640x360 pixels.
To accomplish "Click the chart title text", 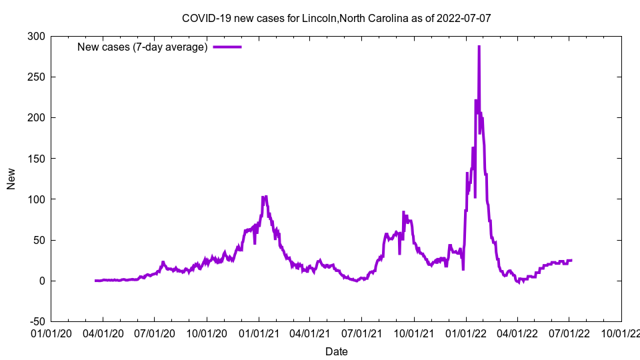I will coord(336,18).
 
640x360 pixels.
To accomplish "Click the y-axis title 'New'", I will coord(11,179).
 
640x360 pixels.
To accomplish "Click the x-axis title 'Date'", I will coord(336,351).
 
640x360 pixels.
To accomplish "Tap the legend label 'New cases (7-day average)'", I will coord(142,47).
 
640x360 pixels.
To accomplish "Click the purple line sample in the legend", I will coord(227,47).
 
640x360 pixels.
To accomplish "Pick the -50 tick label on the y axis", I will coord(35,321).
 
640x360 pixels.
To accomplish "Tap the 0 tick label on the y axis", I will coord(41,281).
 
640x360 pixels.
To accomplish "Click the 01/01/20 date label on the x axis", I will coord(51,333).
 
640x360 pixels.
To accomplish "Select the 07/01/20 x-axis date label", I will coord(154,333).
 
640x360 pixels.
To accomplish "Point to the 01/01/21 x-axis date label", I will coord(259,333).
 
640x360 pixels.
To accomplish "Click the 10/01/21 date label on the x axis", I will coord(414,333).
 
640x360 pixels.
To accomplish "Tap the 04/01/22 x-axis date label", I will coord(517,333).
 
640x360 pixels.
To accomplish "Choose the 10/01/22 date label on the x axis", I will coord(621,333).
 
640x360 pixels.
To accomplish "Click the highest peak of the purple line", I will coord(479,47).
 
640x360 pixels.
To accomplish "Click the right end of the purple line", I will coord(571,260).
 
